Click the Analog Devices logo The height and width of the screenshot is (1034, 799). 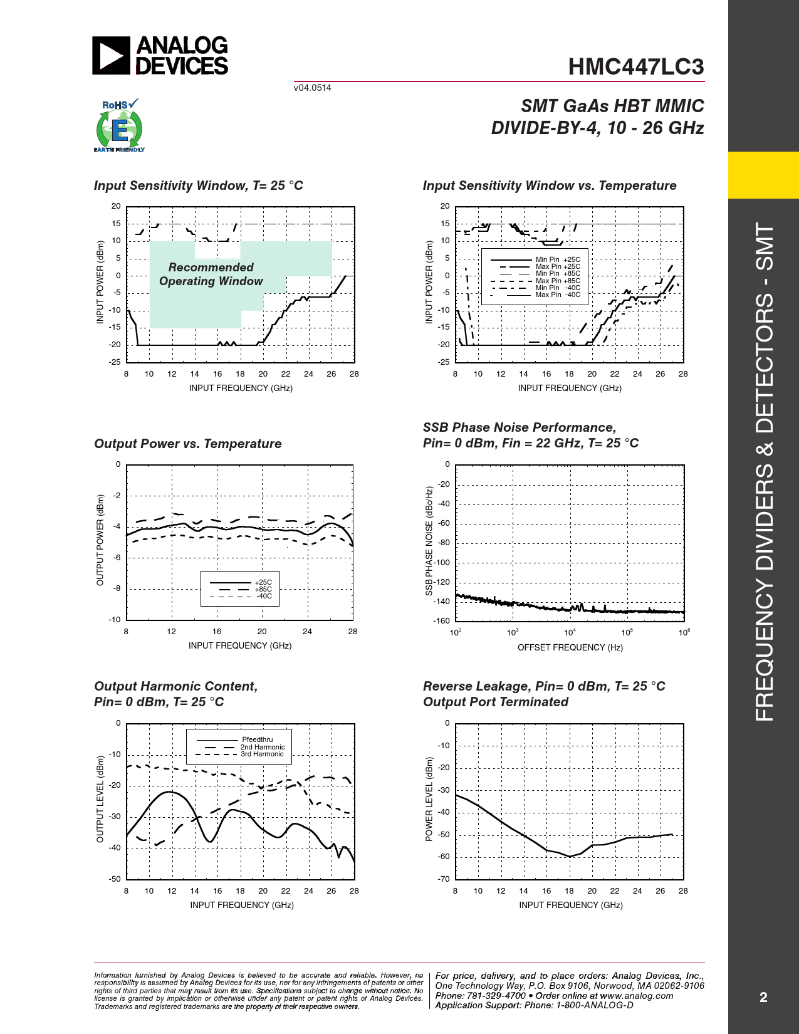(160, 55)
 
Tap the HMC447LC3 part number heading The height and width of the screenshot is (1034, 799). (635, 67)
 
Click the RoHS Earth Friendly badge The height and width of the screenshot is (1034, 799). (119, 126)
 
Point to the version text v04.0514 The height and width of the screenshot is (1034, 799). (312, 88)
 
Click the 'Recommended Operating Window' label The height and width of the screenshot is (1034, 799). (211, 274)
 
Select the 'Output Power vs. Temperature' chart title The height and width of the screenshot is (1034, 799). (188, 444)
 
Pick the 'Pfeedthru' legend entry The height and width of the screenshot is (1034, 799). (257, 739)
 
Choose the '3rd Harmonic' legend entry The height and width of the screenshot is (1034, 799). (262, 754)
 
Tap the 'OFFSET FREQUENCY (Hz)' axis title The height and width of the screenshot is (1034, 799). (570, 647)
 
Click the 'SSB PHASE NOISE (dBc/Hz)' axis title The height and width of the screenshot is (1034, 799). (429, 541)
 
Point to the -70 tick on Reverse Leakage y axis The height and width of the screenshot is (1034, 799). (444, 879)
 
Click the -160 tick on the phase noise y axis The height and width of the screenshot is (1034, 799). (442, 621)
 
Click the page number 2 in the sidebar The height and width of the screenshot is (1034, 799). (763, 997)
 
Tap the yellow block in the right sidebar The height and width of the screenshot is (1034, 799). (763, 175)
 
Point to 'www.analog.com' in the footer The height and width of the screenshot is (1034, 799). (637, 996)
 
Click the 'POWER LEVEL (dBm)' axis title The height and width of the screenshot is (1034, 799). (429, 799)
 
